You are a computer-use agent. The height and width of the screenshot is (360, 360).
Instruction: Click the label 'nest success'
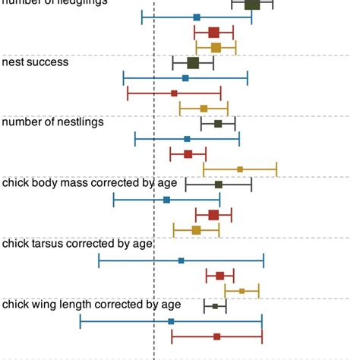tap(36, 62)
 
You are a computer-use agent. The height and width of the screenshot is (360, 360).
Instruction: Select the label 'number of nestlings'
tap(53, 122)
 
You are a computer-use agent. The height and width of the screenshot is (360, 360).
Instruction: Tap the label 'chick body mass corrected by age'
tap(90, 182)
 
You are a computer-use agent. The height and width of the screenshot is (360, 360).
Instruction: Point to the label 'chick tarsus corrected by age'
tap(78, 243)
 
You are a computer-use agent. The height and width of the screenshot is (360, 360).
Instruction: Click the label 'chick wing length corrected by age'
tap(91, 305)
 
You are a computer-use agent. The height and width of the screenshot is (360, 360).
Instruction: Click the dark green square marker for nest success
tap(193, 63)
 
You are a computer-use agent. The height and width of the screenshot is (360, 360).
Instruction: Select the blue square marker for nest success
tap(185, 77)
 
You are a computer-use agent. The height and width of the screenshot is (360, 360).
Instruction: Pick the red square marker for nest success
tap(174, 93)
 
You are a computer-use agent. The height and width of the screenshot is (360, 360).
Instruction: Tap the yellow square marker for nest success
tap(204, 109)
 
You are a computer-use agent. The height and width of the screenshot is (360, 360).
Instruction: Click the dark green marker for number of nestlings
tap(218, 124)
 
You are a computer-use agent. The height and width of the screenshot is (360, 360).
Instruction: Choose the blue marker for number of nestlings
tap(187, 139)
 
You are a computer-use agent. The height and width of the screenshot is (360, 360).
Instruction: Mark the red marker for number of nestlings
tap(188, 154)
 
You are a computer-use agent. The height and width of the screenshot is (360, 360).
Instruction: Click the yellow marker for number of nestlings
tap(240, 169)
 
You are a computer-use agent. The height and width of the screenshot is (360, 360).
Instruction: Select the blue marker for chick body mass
tap(167, 200)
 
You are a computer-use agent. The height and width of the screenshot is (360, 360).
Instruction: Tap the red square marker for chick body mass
tap(213, 215)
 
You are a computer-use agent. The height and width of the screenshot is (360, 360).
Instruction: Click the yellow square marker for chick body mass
tap(196, 230)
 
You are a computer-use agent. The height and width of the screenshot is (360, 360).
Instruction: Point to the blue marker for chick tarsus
tap(181, 261)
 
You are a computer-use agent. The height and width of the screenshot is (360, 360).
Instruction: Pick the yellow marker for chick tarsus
tap(242, 291)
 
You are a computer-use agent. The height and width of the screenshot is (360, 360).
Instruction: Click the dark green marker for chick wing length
tap(215, 306)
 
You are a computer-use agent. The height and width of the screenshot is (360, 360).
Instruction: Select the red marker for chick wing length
tap(216, 336)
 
